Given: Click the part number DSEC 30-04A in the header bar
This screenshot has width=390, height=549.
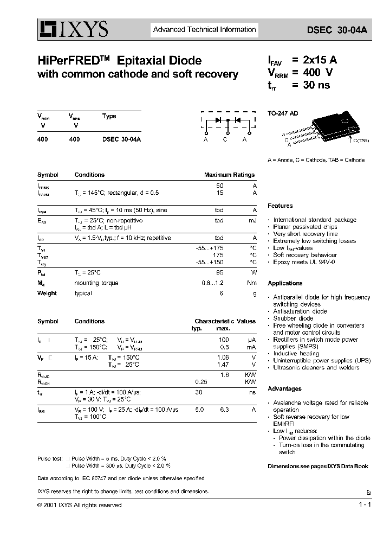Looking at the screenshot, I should tap(344, 31).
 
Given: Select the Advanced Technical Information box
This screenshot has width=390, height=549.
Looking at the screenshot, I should tap(204, 30).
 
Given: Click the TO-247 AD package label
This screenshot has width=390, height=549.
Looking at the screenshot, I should tap(283, 114).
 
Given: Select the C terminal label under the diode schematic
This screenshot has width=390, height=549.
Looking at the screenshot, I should tap(226, 139).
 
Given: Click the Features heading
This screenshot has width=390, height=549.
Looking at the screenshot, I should tap(280, 206).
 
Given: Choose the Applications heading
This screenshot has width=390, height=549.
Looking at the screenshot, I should tap(285, 283).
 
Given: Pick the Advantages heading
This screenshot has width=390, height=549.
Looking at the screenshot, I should tap(284, 389).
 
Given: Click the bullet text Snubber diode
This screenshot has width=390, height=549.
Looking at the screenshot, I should tap(293, 318).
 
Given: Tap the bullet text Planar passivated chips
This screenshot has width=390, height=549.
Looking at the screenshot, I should tap(305, 227).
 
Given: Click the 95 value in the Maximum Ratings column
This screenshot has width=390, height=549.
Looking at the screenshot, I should tap(219, 272).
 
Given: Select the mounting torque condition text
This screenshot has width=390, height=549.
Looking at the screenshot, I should tap(96, 283).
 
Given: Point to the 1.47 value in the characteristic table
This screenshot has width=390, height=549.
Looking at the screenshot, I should tap(223, 365).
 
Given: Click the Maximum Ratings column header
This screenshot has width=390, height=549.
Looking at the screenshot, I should tap(229, 175).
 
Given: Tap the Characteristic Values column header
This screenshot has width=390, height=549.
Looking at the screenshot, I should tap(225, 321).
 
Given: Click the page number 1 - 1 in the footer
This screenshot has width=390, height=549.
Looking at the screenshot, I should tap(365, 505).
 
